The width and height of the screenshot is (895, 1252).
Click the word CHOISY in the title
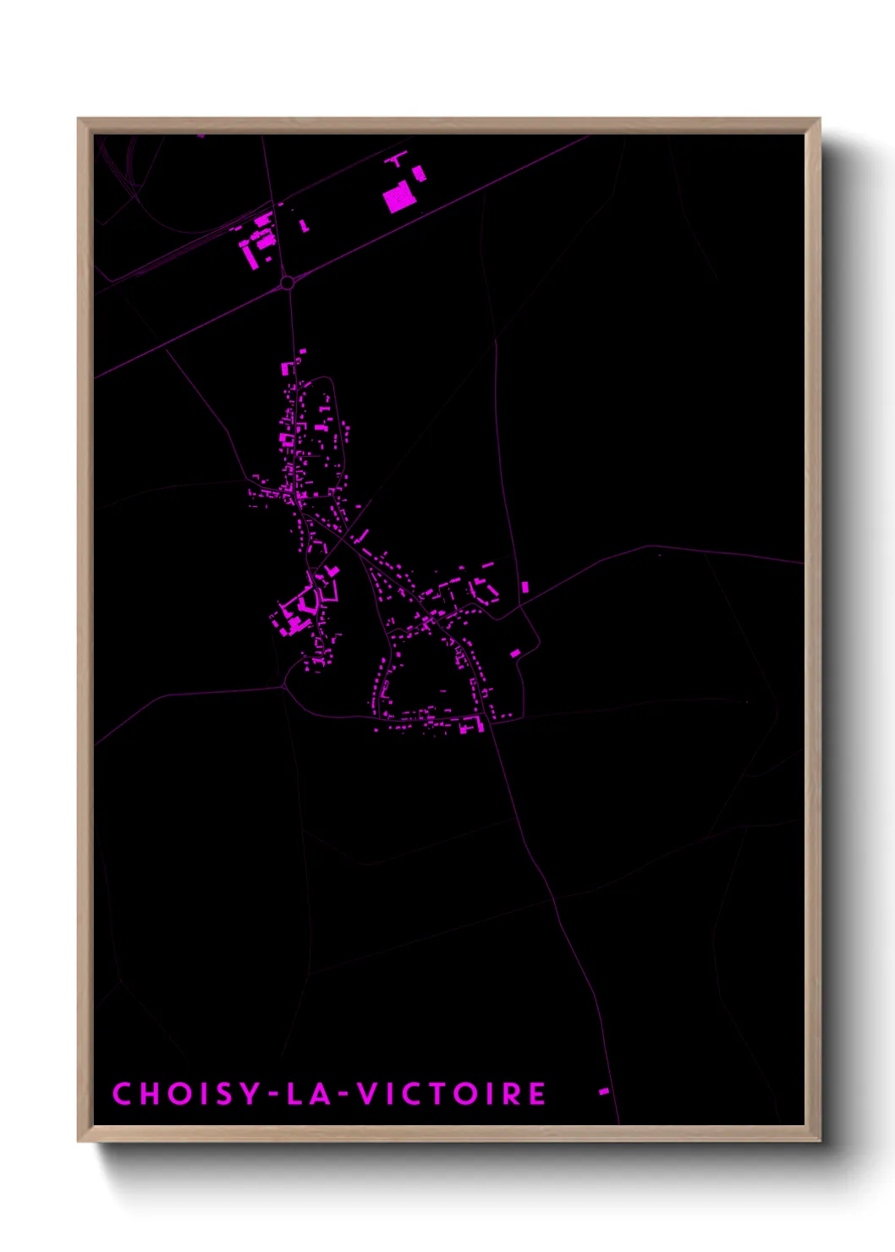click(x=187, y=1094)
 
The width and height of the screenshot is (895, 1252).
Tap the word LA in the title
click(x=305, y=1094)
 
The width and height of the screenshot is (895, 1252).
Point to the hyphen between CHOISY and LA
click(x=272, y=1095)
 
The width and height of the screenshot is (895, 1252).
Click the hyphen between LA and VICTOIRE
click(x=342, y=1095)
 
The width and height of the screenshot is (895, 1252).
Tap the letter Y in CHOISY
click(x=250, y=1094)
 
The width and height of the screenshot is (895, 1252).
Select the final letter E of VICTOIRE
click(x=537, y=1094)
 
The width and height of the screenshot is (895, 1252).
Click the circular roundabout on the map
click(x=287, y=282)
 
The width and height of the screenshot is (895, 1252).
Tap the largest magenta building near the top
click(x=398, y=200)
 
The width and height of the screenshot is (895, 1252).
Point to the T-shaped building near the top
click(x=395, y=158)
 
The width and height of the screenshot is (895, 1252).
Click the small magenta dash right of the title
click(x=604, y=1091)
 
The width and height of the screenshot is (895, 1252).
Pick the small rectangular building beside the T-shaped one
click(x=419, y=173)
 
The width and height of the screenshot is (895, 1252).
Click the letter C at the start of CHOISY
click(x=122, y=1094)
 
